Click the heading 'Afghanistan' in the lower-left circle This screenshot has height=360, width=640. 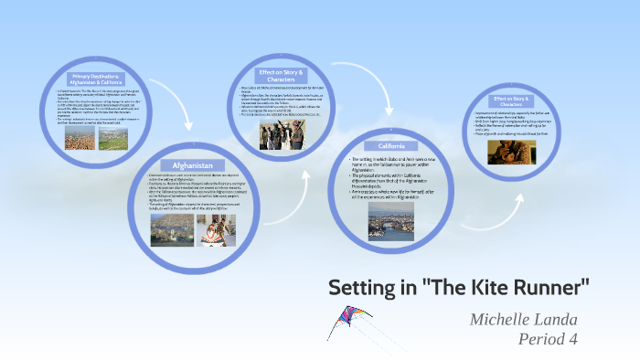pyautogui.click(x=192, y=165)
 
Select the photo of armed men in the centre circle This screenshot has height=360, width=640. pyautogui.click(x=282, y=134)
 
